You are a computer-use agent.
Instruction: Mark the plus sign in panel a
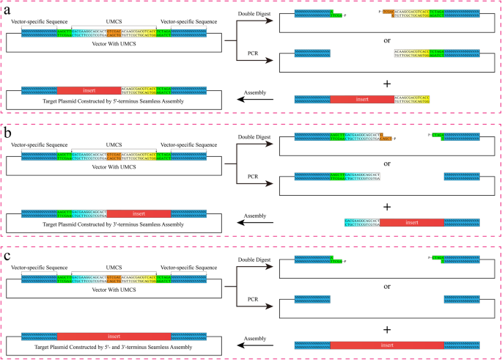point(386,84)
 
